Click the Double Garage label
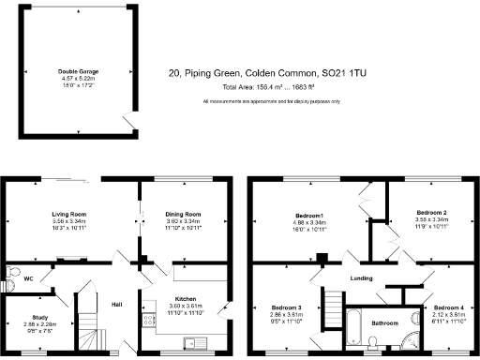[x=80, y=71]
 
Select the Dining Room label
[x=184, y=215]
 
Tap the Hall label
[x=118, y=305]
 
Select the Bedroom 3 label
[x=287, y=307]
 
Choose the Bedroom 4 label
[x=448, y=307]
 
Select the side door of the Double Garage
[x=129, y=119]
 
